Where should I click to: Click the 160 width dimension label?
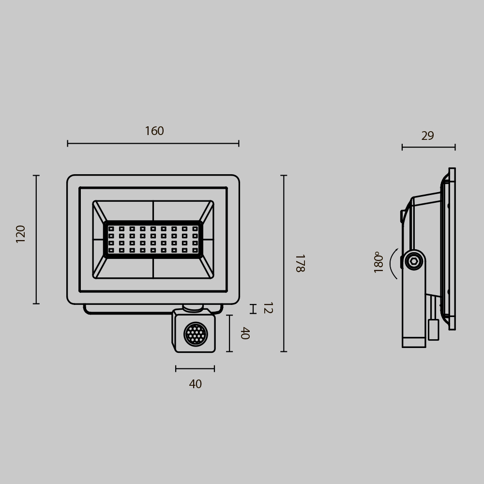pyautogui.click(x=154, y=131)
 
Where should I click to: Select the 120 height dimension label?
pyautogui.click(x=21, y=233)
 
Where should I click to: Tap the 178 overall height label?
pyautogui.click(x=299, y=263)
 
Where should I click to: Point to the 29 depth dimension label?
pyautogui.click(x=427, y=136)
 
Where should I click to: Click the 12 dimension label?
pyautogui.click(x=267, y=308)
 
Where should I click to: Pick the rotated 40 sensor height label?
pyautogui.click(x=244, y=333)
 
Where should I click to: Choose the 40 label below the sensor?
pyautogui.click(x=195, y=384)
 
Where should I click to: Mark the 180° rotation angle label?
pyautogui.click(x=378, y=262)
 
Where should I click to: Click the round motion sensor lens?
pyautogui.click(x=196, y=334)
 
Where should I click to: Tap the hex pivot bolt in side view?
pyautogui.click(x=414, y=261)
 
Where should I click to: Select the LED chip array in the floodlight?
pyautogui.click(x=153, y=240)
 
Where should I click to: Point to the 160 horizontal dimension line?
pyautogui.click(x=153, y=143)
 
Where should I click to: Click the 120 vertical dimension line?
pyautogui.click(x=36, y=240)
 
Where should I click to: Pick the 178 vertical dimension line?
pyautogui.click(x=284, y=263)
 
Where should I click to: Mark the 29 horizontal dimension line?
pyautogui.click(x=428, y=147)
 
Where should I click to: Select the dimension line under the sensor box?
pyautogui.click(x=195, y=369)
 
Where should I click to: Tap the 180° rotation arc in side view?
pyautogui.click(x=393, y=264)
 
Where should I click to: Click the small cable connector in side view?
pyautogui.click(x=433, y=330)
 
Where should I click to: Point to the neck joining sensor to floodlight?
pyautogui.click(x=193, y=307)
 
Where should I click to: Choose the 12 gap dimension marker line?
pyautogui.click(x=253, y=309)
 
